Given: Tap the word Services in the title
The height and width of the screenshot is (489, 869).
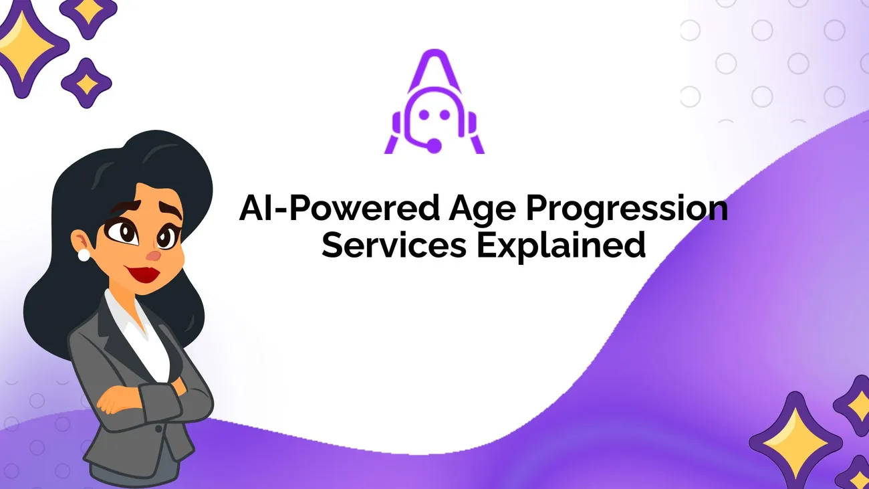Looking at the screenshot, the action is [x=394, y=245].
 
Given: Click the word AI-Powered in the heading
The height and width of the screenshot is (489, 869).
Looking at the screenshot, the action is [x=340, y=208].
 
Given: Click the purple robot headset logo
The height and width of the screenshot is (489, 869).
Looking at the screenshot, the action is [x=434, y=102].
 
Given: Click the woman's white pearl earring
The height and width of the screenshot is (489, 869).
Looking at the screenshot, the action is [x=84, y=255].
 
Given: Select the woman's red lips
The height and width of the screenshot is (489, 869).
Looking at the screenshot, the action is [x=143, y=274].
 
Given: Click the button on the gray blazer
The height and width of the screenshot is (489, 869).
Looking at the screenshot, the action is [x=158, y=428].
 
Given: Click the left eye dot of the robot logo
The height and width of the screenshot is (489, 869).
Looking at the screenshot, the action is [x=424, y=114].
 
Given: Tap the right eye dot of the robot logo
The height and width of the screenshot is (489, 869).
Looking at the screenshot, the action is [x=445, y=114].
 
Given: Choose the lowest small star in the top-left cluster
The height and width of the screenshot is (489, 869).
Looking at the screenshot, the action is [x=86, y=83].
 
